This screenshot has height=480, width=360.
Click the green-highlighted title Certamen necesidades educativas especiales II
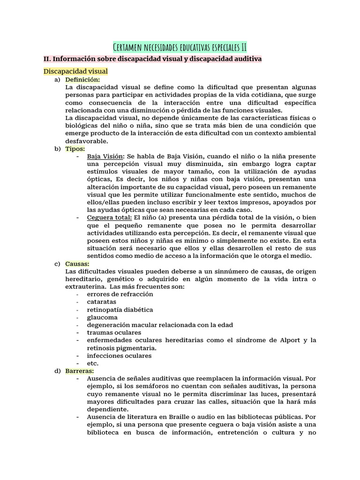click(x=180, y=47)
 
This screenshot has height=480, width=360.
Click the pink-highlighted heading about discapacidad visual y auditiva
click(x=152, y=59)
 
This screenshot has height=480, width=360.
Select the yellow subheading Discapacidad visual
click(x=75, y=71)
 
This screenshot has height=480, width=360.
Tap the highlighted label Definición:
click(x=82, y=80)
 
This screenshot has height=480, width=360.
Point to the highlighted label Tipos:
click(x=75, y=149)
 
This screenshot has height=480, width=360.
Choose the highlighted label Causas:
click(x=77, y=263)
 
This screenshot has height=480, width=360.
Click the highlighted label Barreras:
click(x=80, y=371)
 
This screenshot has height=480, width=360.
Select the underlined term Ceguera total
click(x=109, y=217)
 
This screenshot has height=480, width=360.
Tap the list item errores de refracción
click(x=120, y=294)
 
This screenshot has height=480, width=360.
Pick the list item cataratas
click(x=102, y=302)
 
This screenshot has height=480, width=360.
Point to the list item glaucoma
click(x=102, y=317)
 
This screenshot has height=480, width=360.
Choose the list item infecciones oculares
click(x=119, y=355)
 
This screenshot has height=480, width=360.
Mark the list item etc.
click(x=93, y=363)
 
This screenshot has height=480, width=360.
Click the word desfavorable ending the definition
click(x=87, y=141)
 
